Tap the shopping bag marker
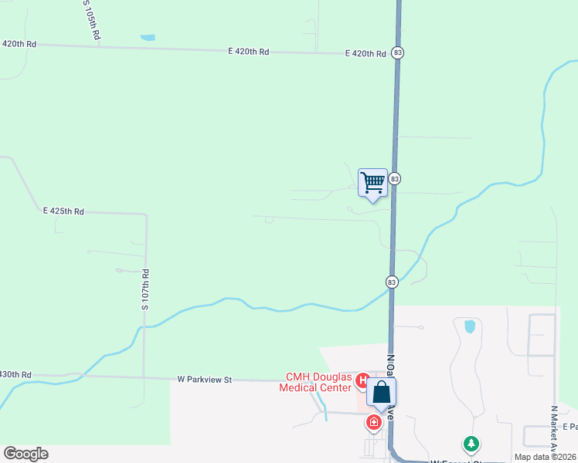382,393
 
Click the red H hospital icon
362,379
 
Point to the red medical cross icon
374,422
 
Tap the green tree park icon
471,444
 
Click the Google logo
25,454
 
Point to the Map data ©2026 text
546,457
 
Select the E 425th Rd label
63,211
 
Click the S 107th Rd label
144,289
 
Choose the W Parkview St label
205,379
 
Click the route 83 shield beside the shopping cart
395,178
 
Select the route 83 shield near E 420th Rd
397,52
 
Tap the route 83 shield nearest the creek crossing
392,282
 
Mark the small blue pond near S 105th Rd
147,37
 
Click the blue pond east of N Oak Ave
469,326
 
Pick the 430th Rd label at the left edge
15,374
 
